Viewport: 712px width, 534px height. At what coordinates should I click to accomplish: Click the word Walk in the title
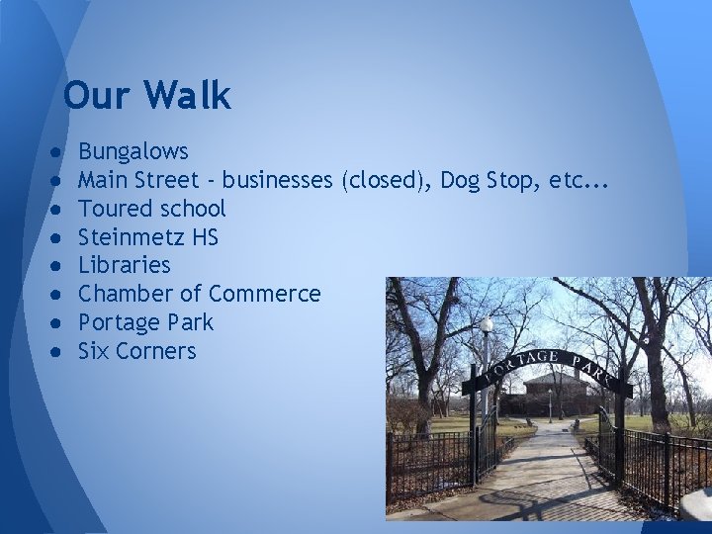coord(189,96)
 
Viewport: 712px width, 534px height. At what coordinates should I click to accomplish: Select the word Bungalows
coord(133,152)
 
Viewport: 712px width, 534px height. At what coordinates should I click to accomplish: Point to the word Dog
coord(461,180)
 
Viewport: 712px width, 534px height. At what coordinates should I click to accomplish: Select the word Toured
coord(111,209)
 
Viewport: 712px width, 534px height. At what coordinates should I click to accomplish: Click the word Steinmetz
coord(126,237)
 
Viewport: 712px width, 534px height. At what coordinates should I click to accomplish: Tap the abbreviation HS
coord(204,237)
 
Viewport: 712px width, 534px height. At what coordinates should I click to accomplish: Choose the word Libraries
coord(124,265)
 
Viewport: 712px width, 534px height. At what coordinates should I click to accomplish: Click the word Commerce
coord(265,294)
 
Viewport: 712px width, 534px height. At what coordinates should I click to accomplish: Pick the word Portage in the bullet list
coord(117,322)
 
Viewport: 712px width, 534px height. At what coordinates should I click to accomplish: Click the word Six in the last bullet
coord(94,351)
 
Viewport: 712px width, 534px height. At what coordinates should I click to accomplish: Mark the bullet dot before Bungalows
coord(60,153)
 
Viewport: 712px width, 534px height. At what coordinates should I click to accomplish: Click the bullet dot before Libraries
coord(60,266)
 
